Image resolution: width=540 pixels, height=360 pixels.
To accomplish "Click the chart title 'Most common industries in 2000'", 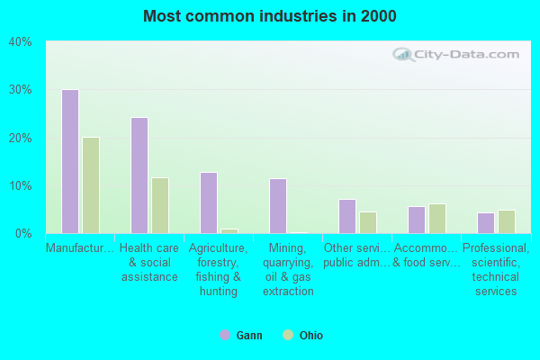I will (269, 16).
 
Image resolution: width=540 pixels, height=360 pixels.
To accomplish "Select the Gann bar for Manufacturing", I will (70, 161).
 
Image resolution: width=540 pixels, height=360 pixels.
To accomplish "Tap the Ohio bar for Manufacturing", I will (91, 185).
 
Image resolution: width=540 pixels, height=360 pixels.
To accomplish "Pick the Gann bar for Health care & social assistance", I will (139, 175).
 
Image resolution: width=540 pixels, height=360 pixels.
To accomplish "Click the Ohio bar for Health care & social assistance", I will (160, 205).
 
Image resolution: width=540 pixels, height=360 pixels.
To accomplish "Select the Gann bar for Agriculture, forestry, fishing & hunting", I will (209, 202).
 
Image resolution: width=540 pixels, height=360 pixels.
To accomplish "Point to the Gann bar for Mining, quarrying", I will (278, 206).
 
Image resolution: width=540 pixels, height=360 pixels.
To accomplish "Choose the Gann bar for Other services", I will (347, 216).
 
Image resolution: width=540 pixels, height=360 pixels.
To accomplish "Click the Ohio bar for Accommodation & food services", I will (437, 219).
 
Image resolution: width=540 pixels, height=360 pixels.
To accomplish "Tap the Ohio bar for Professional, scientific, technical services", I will (507, 221).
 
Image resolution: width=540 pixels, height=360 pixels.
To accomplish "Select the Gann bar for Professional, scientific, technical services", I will (486, 223).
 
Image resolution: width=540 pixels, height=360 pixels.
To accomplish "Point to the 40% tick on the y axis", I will (21, 42).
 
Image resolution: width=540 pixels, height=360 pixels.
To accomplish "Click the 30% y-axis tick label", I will (21, 90).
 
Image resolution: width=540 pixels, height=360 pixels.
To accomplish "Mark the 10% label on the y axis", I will (21, 186).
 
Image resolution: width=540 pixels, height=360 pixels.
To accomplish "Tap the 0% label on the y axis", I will (23, 234).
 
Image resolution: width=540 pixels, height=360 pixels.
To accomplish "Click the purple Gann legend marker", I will (224, 335).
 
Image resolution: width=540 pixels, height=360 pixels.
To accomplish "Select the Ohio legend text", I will (311, 336).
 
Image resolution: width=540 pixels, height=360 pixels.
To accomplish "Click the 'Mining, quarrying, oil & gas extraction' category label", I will (289, 269).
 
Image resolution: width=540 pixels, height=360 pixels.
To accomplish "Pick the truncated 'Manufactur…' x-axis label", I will (80, 248).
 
